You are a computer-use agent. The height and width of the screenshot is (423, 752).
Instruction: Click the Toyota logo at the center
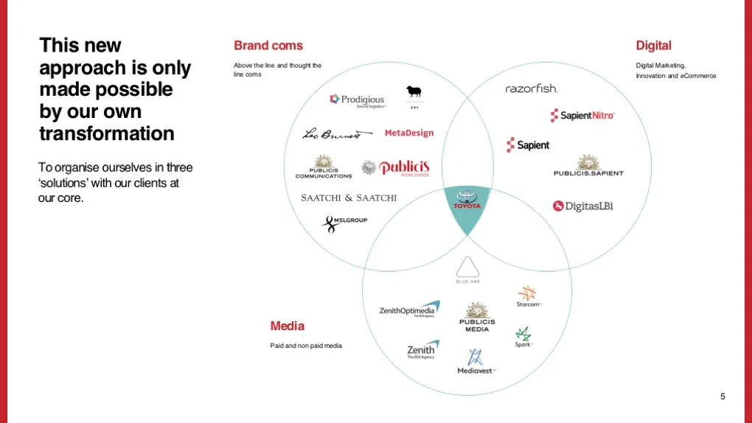[x=466, y=200]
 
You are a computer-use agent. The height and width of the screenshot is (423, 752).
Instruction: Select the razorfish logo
[x=532, y=89]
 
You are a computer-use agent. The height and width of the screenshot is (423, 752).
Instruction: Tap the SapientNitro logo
[x=582, y=116]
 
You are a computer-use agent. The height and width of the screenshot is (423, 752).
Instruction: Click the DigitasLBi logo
[x=583, y=206]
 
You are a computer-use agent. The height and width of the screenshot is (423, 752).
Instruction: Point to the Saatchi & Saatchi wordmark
[x=349, y=197]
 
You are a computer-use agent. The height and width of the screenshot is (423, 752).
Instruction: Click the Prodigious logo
[x=357, y=99]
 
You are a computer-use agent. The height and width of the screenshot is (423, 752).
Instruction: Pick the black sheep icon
[x=414, y=93]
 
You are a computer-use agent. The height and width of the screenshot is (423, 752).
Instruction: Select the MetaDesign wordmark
[x=409, y=133]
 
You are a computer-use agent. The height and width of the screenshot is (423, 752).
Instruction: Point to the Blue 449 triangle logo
[x=467, y=270]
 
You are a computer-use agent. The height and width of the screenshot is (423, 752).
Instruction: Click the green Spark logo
[x=523, y=337]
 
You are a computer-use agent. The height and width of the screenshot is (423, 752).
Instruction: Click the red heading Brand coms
[x=268, y=46]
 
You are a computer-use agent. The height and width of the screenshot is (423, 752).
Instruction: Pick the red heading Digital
[x=653, y=46]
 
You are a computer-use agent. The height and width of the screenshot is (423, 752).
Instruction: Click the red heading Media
[x=287, y=326]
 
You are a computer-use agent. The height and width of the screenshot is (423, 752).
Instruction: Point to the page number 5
[x=723, y=396]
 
